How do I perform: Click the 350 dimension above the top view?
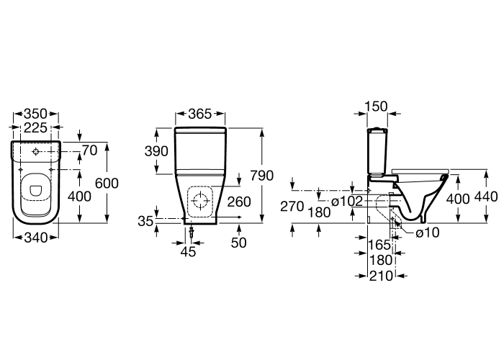pos(36,114)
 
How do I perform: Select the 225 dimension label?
pos(36,127)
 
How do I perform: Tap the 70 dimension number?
pos(90,150)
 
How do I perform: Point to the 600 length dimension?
pos(107,183)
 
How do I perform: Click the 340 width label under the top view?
pos(36,238)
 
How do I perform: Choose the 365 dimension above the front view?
pos(200,114)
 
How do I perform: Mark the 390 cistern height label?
pos(156,151)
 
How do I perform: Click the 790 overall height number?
pos(262,176)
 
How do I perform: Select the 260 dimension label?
pos(239,202)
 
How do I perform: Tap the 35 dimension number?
pos(145,221)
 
